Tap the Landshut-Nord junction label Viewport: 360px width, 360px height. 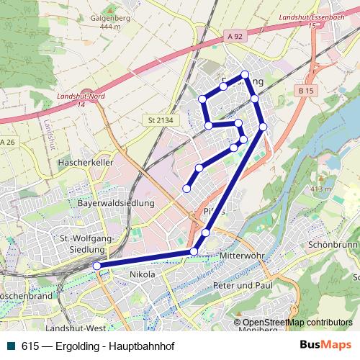pos(76,100)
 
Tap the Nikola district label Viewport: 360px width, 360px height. pos(143,274)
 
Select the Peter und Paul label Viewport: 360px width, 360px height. pos(244,285)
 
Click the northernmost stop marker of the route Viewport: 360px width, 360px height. pos(245,75)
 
